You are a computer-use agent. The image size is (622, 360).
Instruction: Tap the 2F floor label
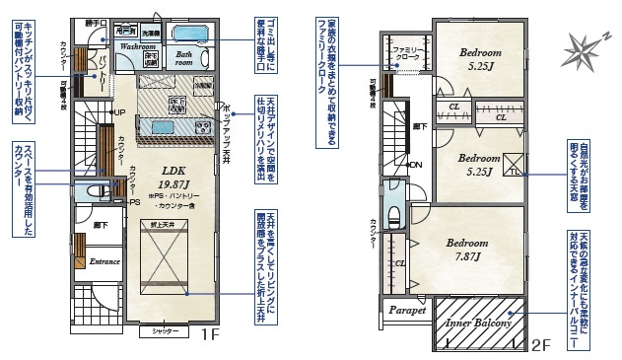point(539,344)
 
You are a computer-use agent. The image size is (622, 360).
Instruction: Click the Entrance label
point(104,262)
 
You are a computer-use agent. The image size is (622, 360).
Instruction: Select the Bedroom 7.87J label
point(466,251)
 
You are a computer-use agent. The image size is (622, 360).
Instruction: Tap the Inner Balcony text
point(477,324)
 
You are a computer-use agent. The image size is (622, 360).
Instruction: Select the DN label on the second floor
point(415,165)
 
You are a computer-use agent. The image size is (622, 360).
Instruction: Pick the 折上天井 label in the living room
point(162,226)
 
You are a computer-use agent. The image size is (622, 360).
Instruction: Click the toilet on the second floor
point(394,215)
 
